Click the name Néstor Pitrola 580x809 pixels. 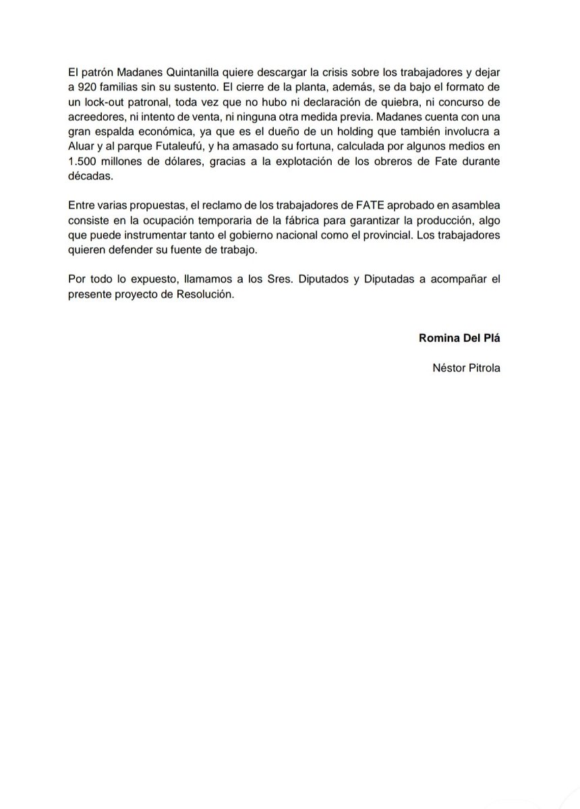point(467,368)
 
